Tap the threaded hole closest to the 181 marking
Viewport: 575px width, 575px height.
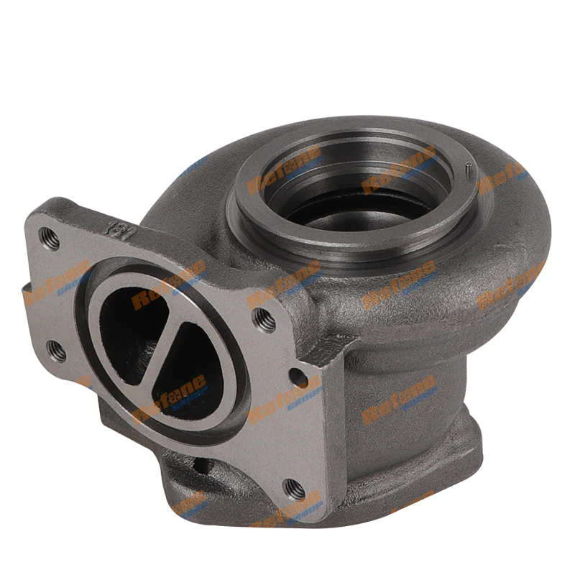[x=50, y=235]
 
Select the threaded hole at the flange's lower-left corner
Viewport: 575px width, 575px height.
[x=56, y=351]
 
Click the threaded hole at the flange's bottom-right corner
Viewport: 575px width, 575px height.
[x=291, y=488]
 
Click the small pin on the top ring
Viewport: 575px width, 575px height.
[x=467, y=170]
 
